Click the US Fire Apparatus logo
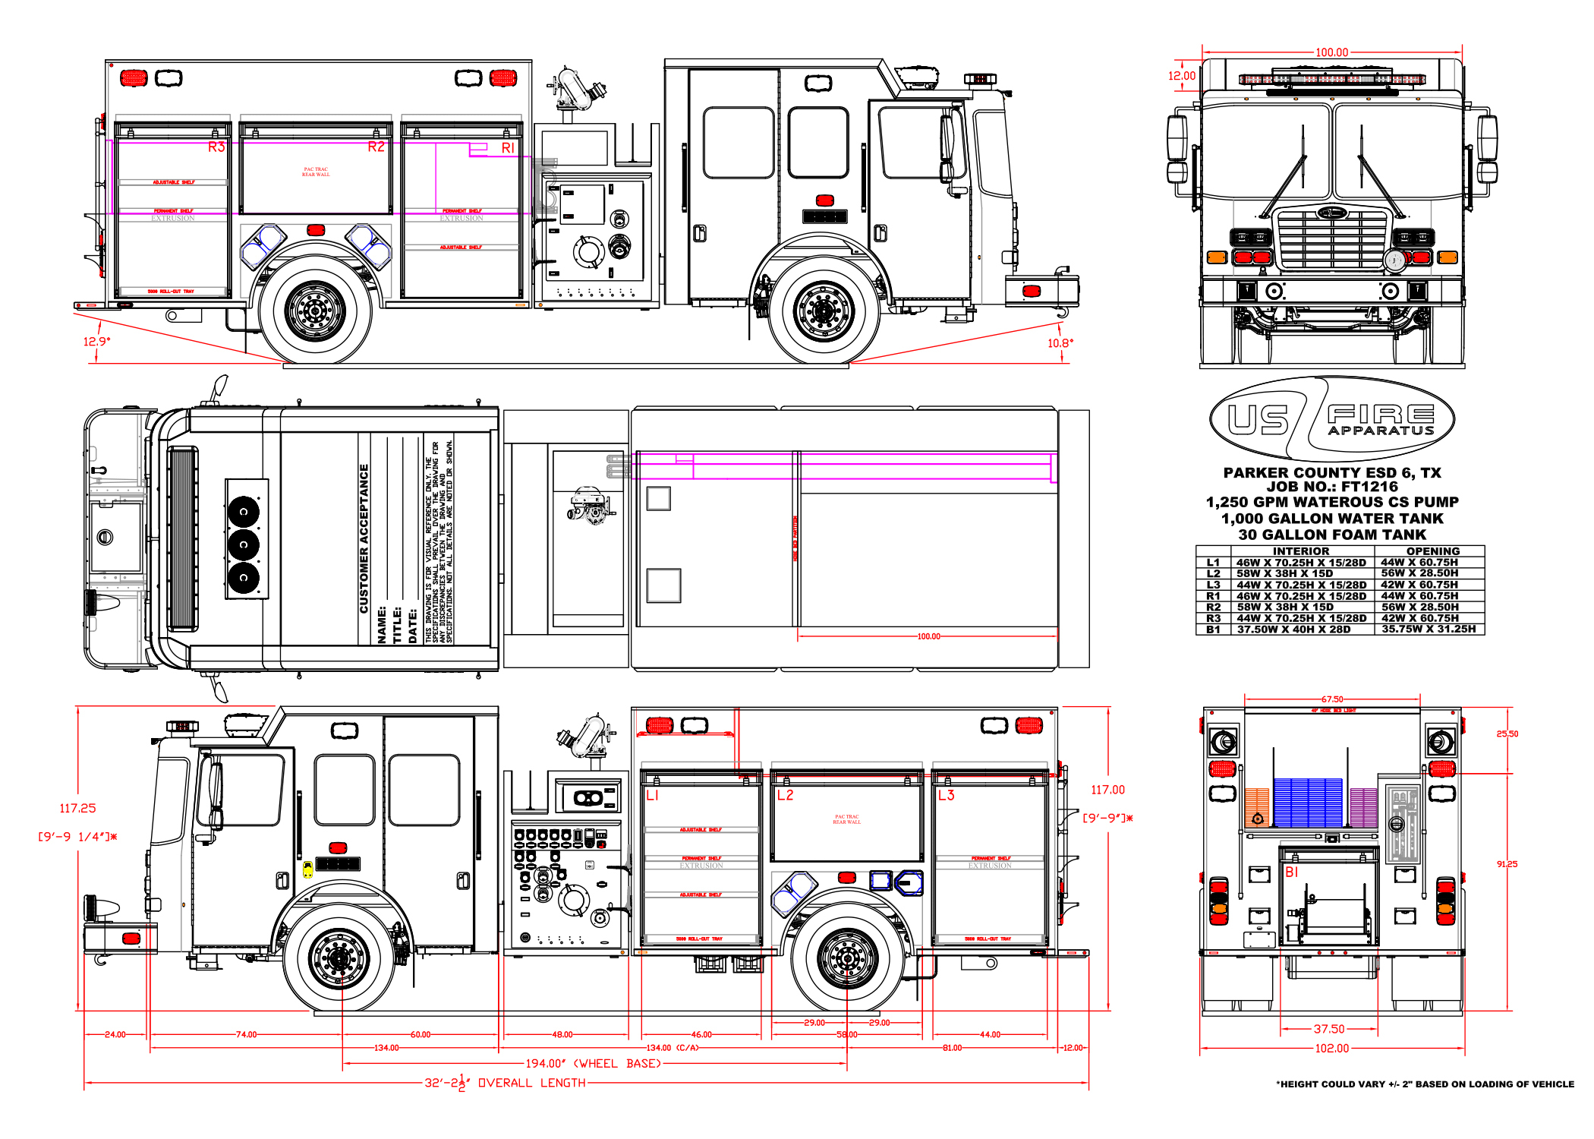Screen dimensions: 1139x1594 tap(1331, 418)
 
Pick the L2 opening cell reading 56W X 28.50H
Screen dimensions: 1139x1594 tap(1419, 573)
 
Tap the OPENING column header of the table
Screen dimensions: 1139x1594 tap(1432, 551)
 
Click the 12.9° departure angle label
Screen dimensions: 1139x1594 tap(96, 342)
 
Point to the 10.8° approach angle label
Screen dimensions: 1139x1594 tap(1060, 343)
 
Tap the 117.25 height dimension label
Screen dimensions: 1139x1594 tap(77, 809)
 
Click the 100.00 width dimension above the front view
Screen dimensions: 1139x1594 tap(1331, 52)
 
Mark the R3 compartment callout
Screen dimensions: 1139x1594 tap(216, 147)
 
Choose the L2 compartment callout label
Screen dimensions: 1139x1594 tap(785, 795)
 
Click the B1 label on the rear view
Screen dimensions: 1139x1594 tap(1291, 872)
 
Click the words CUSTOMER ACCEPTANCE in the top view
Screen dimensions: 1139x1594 tap(364, 538)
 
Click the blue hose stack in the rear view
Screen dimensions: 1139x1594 tap(1308, 802)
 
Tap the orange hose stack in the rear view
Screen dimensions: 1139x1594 tap(1257, 806)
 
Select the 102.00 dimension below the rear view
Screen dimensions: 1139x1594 tap(1331, 1049)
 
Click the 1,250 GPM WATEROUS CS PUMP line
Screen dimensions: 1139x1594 tap(1331, 503)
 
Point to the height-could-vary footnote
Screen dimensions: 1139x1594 tap(1425, 1084)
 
